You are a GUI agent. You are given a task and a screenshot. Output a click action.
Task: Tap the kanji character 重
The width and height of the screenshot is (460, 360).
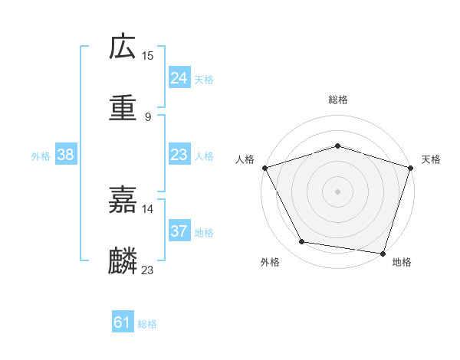click(x=123, y=108)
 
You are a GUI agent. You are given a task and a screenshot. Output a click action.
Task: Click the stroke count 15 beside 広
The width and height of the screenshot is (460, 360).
click(x=148, y=55)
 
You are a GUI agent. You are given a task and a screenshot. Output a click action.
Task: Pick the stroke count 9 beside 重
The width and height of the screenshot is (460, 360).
click(x=148, y=117)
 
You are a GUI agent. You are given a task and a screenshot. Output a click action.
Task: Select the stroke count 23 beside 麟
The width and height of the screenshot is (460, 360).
click(x=148, y=270)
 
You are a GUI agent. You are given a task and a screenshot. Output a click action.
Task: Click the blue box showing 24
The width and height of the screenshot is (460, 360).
click(x=179, y=78)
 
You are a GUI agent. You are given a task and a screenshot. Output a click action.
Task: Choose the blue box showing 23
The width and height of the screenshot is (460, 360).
click(x=179, y=155)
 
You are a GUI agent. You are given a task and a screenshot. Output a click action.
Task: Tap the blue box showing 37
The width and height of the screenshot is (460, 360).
click(x=179, y=231)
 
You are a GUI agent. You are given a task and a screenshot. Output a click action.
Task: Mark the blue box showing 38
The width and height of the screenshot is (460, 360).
click(x=65, y=155)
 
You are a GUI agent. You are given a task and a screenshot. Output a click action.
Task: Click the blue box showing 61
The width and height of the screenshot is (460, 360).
click(x=123, y=322)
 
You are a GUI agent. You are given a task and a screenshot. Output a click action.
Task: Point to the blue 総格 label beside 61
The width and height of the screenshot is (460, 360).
click(x=147, y=324)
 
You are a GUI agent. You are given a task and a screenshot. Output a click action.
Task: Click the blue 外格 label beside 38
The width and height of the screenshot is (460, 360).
click(x=41, y=156)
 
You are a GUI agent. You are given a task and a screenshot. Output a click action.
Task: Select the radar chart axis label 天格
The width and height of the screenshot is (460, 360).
click(x=432, y=160)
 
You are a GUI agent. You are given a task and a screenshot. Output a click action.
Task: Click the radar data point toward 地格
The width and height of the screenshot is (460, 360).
click(x=383, y=253)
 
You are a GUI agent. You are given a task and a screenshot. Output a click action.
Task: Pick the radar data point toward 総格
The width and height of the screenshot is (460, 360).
click(x=337, y=146)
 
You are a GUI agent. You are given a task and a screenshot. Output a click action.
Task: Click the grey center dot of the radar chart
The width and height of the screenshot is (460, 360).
click(x=337, y=191)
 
